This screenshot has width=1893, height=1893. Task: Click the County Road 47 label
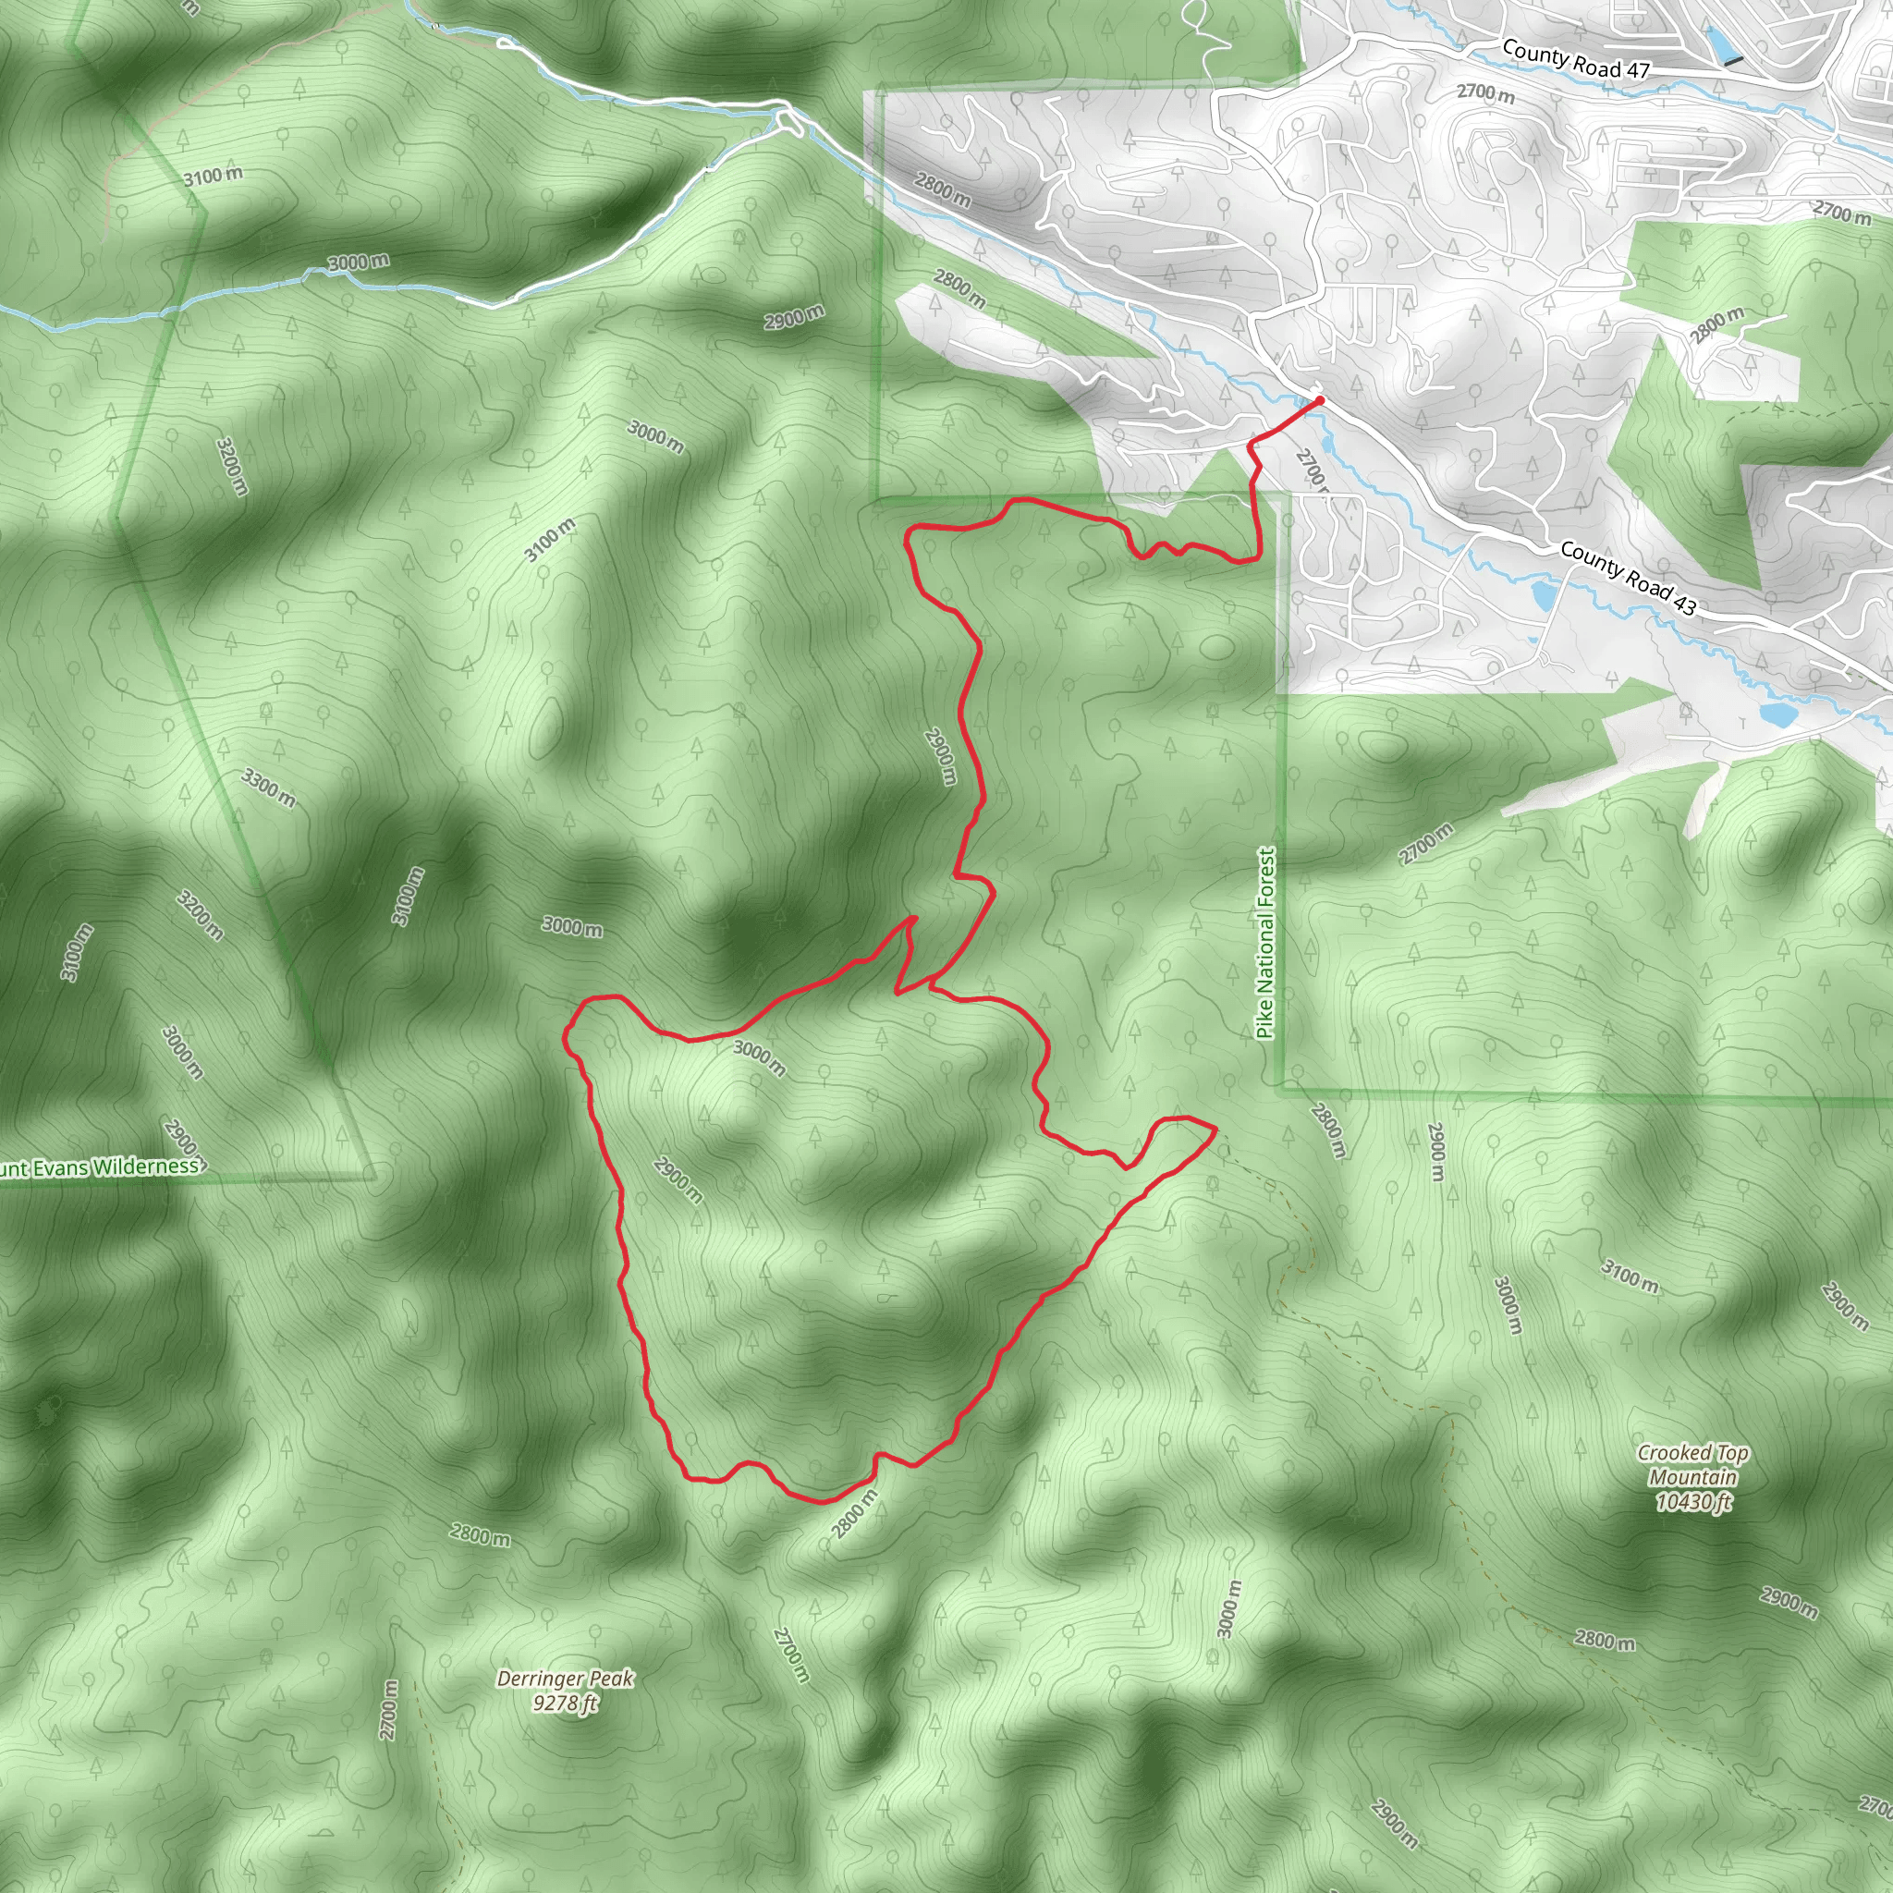tap(1576, 59)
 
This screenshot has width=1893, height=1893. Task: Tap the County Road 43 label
tap(1627, 577)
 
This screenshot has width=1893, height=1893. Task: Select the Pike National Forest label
tap(1266, 943)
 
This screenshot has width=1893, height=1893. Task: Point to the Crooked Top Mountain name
tap(1693, 1465)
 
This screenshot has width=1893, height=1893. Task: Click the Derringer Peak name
tap(566, 1679)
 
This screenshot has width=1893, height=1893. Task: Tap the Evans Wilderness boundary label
tap(98, 1168)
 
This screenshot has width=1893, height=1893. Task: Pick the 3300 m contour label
tap(268, 788)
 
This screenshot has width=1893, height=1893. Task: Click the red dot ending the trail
tap(1320, 399)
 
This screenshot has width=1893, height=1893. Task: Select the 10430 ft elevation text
tap(1693, 1502)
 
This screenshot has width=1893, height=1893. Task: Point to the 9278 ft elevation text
tap(566, 1704)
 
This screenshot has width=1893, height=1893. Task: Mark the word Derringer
tap(540, 1679)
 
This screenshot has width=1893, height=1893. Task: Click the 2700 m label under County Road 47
tap(1484, 93)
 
